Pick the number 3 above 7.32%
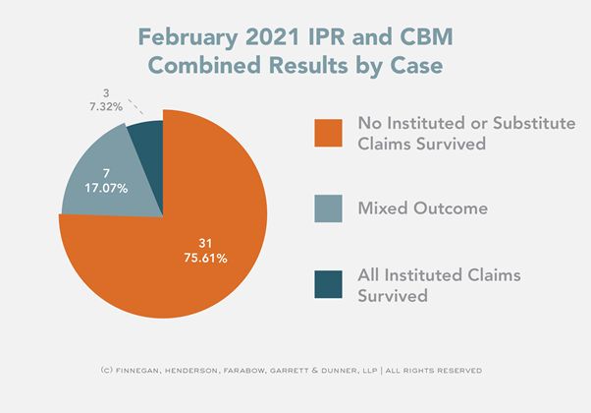point(105,92)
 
